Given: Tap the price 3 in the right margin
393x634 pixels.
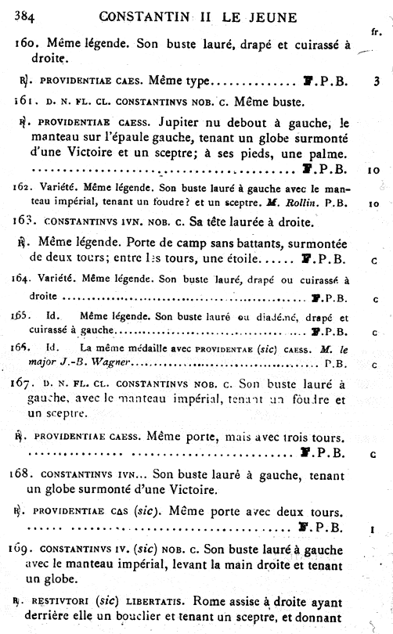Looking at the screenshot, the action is pos(377,80).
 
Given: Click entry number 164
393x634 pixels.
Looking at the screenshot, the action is pos(23,279).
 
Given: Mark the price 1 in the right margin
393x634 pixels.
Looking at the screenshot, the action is pos(373,529).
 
